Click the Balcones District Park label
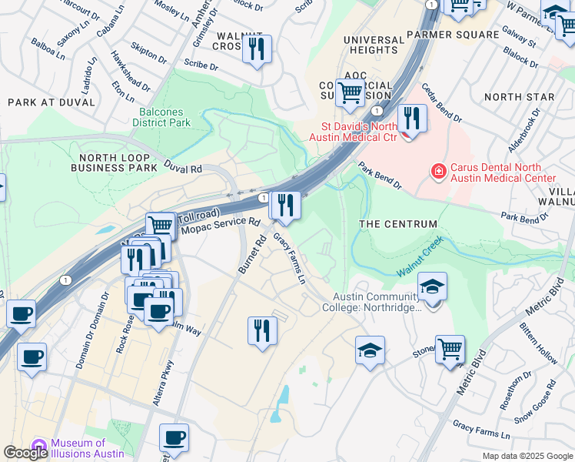click(x=161, y=116)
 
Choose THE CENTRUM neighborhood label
click(x=398, y=224)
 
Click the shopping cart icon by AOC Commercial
click(x=351, y=92)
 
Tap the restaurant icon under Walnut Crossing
click(x=256, y=50)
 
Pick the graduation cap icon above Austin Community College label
click(x=433, y=287)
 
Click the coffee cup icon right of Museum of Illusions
click(x=174, y=437)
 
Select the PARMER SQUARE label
click(x=453, y=35)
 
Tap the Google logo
click(x=25, y=453)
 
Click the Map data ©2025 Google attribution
click(x=527, y=456)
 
